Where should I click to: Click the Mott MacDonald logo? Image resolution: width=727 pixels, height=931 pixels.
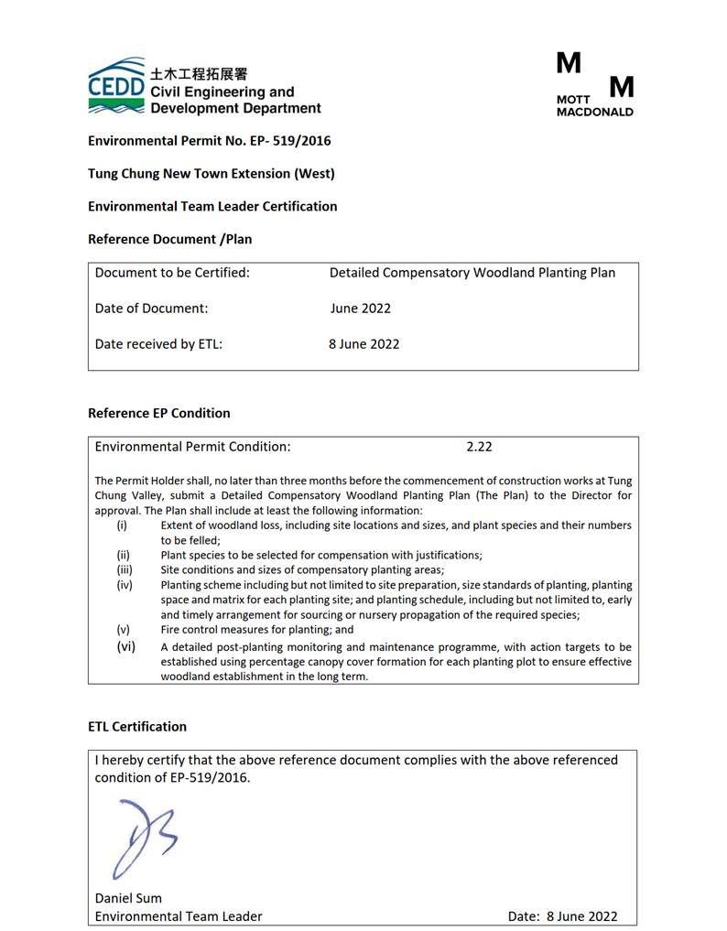pyautogui.click(x=594, y=84)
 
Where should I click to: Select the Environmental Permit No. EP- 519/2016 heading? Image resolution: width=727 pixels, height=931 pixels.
pyautogui.click(x=209, y=141)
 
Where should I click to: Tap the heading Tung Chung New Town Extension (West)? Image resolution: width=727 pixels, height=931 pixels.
pyautogui.click(x=211, y=173)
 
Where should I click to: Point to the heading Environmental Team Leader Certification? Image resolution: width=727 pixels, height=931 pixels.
pyautogui.click(x=212, y=206)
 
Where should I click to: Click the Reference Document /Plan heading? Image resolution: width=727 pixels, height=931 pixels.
pyautogui.click(x=169, y=239)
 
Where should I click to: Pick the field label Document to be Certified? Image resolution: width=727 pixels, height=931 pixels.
pyautogui.click(x=172, y=273)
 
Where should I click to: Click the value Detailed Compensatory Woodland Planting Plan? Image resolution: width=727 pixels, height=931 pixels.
pyautogui.click(x=472, y=273)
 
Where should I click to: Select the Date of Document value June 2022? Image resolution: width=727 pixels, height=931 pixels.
pyautogui.click(x=360, y=309)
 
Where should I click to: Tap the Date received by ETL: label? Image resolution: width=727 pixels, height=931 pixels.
pyautogui.click(x=158, y=344)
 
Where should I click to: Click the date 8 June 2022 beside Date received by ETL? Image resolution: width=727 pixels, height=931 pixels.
pyautogui.click(x=363, y=344)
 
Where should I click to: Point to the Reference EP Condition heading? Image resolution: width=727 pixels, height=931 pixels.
pyautogui.click(x=158, y=413)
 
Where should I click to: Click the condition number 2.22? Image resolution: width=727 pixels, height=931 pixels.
pyautogui.click(x=479, y=447)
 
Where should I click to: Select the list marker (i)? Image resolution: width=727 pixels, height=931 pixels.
pyautogui.click(x=122, y=525)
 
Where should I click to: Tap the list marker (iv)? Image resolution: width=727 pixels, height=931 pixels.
pyautogui.click(x=123, y=585)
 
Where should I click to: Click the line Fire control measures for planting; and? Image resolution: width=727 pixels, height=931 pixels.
pyautogui.click(x=256, y=630)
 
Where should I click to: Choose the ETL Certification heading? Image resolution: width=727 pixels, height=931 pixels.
pyautogui.click(x=136, y=726)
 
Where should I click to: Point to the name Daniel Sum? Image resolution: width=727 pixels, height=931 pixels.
pyautogui.click(x=128, y=898)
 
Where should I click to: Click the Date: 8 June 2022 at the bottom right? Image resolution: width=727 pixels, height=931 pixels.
pyautogui.click(x=562, y=915)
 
